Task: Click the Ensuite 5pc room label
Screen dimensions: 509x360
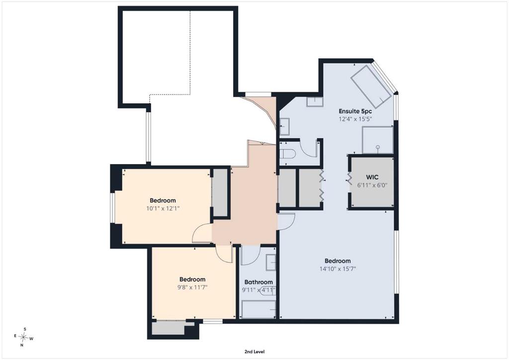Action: point(355,111)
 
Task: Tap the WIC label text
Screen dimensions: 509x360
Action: point(372,177)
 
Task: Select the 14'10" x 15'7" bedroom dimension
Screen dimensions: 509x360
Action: point(338,269)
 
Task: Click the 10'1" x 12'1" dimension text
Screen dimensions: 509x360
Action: point(163,208)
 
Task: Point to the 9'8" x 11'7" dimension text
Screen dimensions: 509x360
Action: point(192,287)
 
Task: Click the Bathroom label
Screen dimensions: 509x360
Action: point(258,282)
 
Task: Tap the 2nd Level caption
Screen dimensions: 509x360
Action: point(254,352)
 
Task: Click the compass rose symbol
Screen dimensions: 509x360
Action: point(24,338)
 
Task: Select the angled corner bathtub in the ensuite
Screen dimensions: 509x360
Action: point(371,87)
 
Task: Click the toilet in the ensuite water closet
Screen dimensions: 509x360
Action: point(287,153)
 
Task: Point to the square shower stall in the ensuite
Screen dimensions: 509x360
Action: point(378,140)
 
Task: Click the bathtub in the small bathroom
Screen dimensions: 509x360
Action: point(258,309)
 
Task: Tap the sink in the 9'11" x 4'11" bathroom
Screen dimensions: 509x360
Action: point(271,263)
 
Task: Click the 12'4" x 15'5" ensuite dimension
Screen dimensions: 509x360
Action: point(355,119)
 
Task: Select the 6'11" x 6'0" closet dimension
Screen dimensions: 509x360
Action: point(372,185)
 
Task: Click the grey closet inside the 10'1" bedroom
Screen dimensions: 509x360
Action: point(220,192)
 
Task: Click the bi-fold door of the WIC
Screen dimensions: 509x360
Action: point(350,179)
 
